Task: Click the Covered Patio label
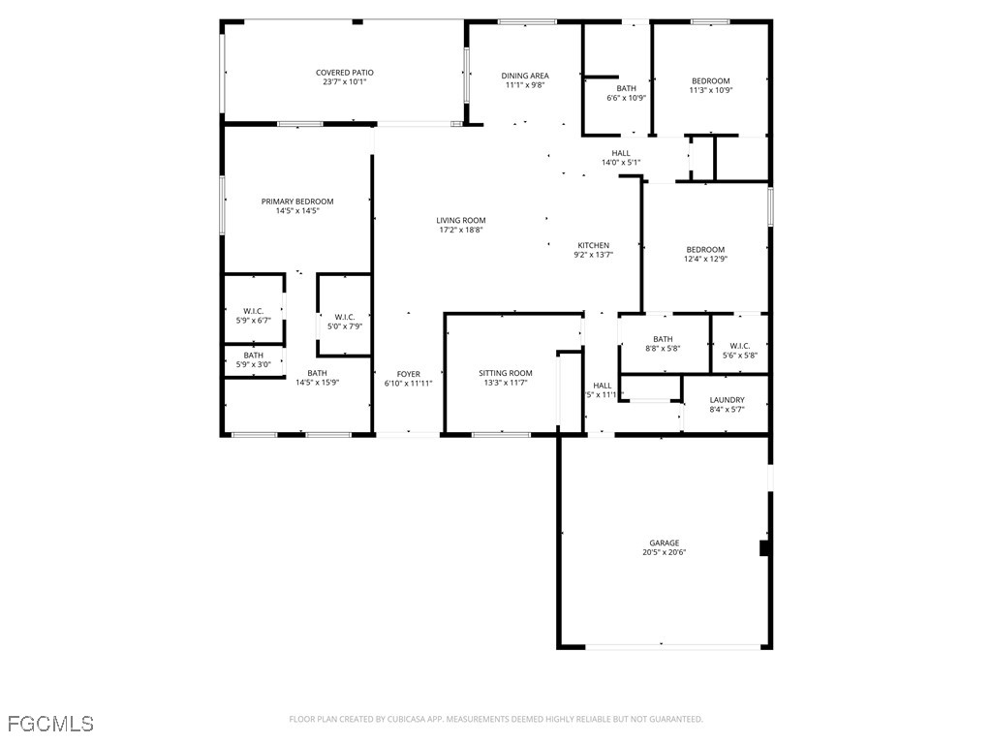coord(344,73)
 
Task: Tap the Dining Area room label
coord(525,76)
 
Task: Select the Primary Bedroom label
coord(296,201)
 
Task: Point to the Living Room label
coord(461,221)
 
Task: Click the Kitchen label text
coord(593,245)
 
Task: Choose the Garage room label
coord(664,542)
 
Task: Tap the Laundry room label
coord(727,400)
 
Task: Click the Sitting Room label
coord(506,373)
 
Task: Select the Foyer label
coord(409,374)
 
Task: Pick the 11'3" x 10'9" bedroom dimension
coord(710,90)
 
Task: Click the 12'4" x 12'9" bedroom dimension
coord(705,259)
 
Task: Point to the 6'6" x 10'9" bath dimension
coord(626,98)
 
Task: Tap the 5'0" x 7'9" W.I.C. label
coord(344,326)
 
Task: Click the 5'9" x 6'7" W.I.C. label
coord(254,320)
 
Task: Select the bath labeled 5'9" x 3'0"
coord(254,364)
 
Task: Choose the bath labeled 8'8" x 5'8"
coord(663,348)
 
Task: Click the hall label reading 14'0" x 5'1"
coord(621,162)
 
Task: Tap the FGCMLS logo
coord(50,724)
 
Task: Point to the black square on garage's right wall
coord(764,548)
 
